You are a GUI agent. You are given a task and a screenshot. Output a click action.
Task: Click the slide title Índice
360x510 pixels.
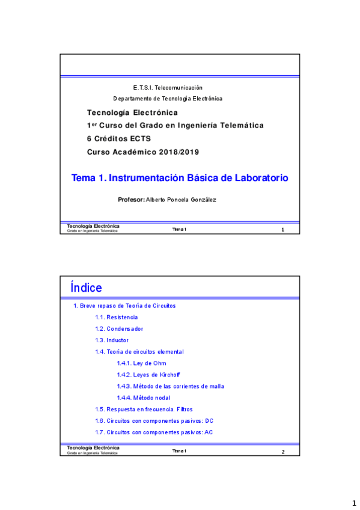86,288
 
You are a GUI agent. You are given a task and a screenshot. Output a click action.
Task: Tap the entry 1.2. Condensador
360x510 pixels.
119,328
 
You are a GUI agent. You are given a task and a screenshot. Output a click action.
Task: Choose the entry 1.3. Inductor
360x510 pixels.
112,340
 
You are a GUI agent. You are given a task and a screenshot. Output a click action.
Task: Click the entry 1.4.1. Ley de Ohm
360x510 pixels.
141,363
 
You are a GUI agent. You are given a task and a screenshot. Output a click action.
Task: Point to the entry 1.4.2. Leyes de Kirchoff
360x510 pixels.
148,375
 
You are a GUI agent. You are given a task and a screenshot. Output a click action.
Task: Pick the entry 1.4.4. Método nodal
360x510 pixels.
144,398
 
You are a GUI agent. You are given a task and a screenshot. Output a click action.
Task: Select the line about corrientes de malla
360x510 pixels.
170,386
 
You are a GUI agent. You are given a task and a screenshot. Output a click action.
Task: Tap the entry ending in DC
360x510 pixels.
154,420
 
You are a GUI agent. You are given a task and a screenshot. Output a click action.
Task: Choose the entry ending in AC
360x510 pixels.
154,432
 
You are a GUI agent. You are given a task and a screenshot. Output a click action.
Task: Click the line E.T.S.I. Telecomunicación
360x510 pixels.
168,87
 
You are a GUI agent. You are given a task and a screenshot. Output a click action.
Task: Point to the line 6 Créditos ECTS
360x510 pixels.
119,138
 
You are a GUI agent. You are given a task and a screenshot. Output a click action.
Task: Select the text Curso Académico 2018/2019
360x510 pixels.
142,152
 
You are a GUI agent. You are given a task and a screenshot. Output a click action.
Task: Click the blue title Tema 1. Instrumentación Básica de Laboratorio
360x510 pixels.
180,178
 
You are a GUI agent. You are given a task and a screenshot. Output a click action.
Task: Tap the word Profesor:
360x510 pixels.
132,199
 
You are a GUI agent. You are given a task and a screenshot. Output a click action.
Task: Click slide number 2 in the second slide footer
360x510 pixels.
283,452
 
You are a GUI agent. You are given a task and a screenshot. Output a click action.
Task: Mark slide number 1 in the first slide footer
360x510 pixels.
282,230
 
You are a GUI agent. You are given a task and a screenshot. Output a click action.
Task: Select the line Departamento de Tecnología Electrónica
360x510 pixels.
168,98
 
